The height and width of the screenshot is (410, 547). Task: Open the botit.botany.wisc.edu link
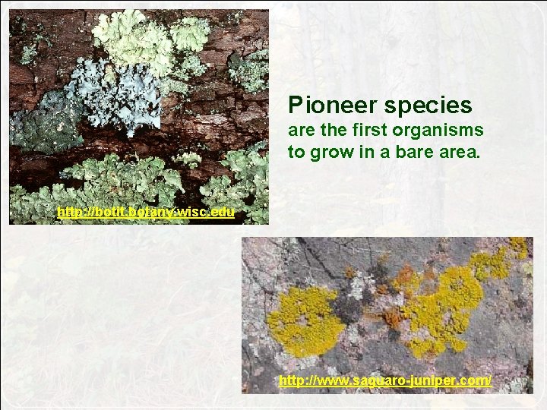coord(146,212)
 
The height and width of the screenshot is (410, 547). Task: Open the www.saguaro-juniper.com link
coord(384,380)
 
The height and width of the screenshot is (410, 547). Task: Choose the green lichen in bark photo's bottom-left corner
coord(38,201)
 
